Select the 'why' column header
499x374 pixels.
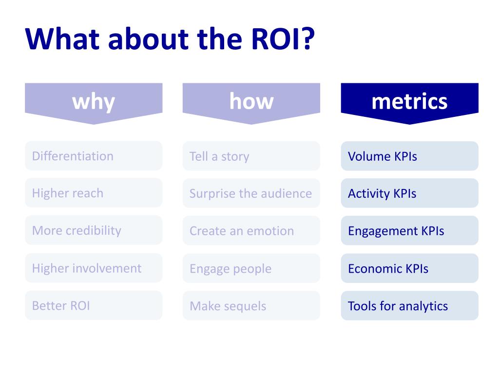pos(94,101)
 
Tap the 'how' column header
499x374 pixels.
pos(251,101)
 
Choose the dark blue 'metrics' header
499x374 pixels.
pos(409,101)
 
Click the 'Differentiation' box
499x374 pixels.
pos(94,156)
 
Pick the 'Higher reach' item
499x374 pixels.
pos(94,193)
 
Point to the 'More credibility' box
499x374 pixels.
pos(94,230)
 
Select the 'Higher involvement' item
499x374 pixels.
pos(94,268)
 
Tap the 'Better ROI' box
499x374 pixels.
pos(94,305)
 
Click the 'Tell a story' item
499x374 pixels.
pos(251,156)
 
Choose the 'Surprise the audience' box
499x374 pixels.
pos(251,193)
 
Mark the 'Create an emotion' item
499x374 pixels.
pos(251,231)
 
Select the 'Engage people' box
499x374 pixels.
pos(251,268)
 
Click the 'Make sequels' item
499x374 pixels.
pos(251,306)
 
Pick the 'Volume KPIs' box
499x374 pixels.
pos(409,156)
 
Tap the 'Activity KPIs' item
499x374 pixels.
pos(409,193)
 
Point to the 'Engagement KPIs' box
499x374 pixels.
pos(409,231)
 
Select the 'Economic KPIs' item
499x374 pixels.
pos(409,268)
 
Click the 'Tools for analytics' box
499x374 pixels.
pos(409,306)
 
